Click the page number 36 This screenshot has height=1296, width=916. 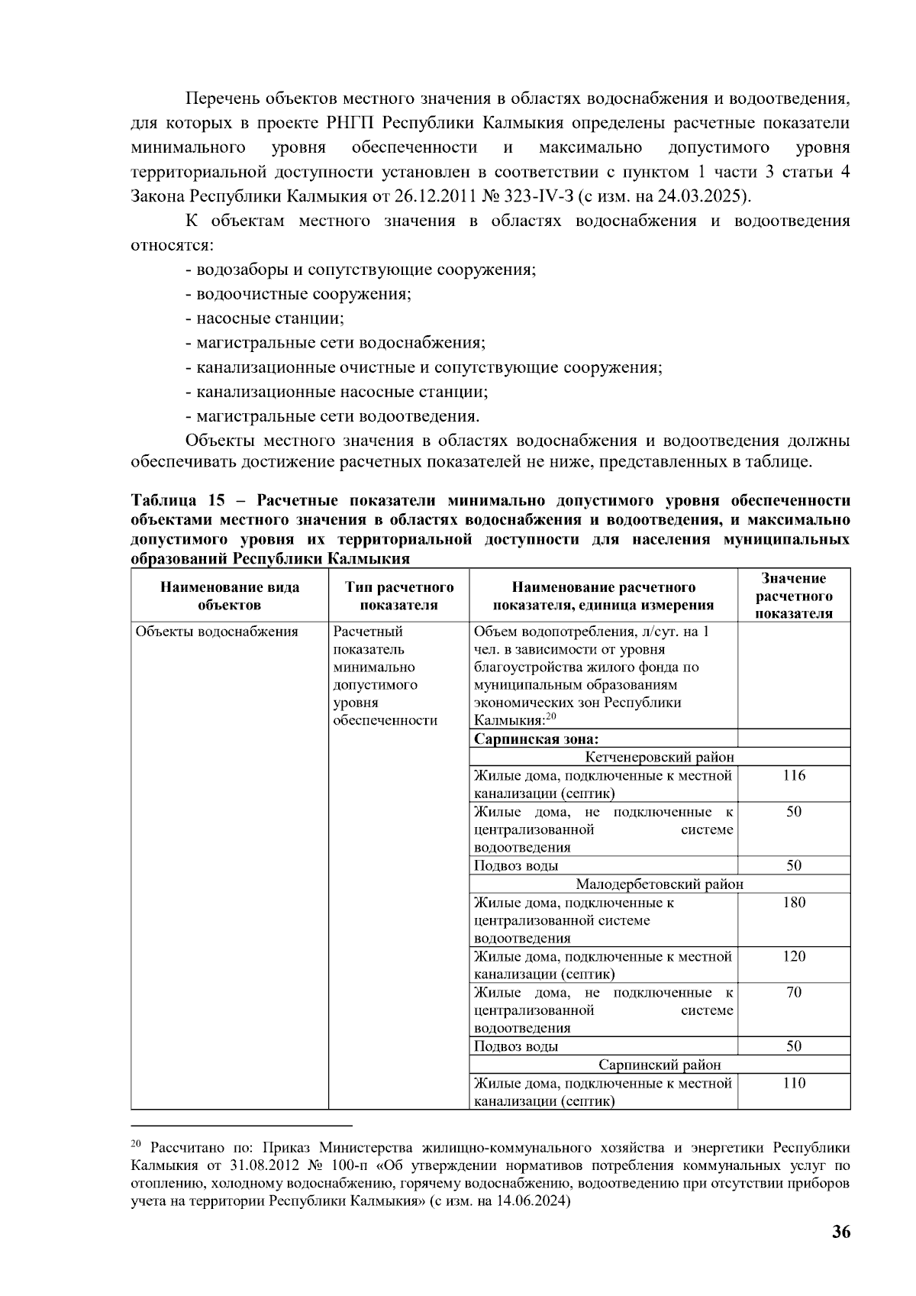pyautogui.click(x=841, y=1232)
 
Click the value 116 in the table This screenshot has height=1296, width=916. pyautogui.click(x=794, y=776)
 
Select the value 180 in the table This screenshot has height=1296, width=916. pyautogui.click(x=794, y=903)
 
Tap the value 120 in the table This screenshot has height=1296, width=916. pyautogui.click(x=794, y=957)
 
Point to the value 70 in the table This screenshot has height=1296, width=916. pyautogui.click(x=794, y=993)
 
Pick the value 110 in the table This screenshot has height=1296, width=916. pyautogui.click(x=794, y=1084)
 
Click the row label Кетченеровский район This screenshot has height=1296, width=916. pyautogui.click(x=660, y=758)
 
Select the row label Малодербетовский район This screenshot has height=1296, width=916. pyautogui.click(x=660, y=884)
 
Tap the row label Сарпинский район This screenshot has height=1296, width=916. pyautogui.click(x=660, y=1065)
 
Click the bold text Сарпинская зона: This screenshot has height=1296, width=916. pyautogui.click(x=536, y=739)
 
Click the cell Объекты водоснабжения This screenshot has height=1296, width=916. pyautogui.click(x=216, y=632)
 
